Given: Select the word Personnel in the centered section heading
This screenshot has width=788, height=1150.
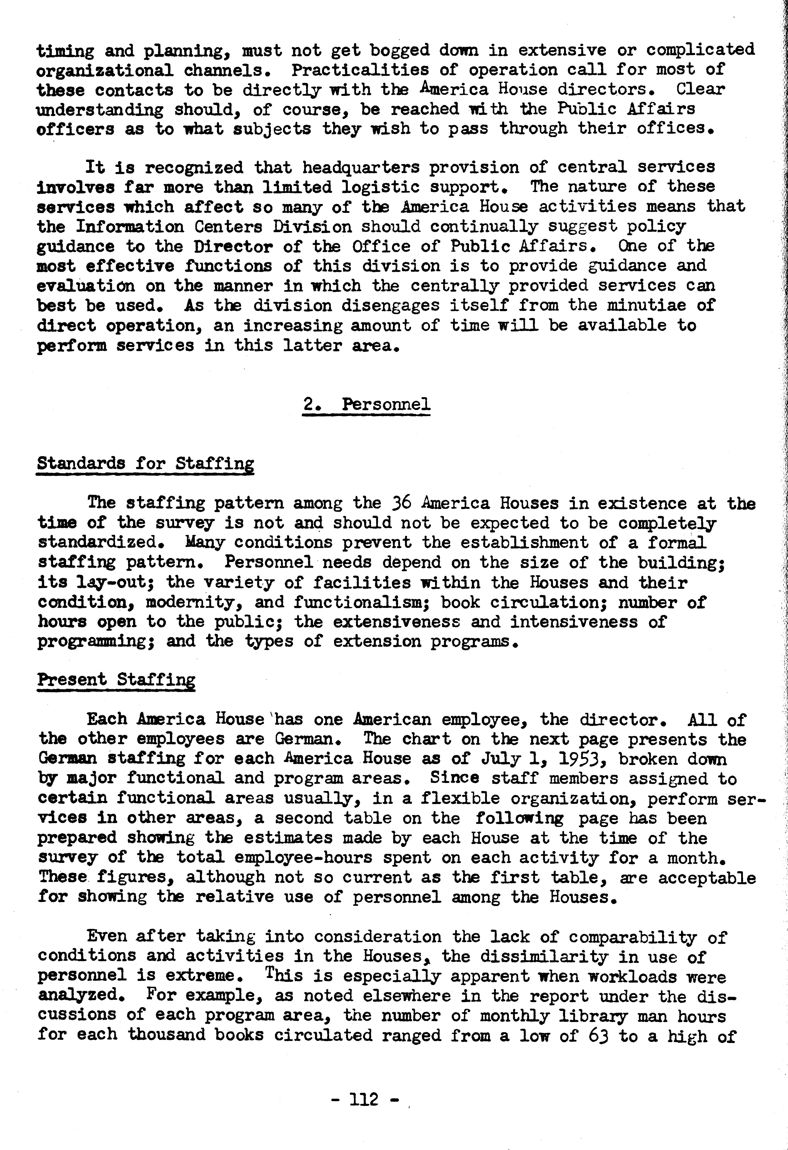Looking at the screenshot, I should (x=386, y=404).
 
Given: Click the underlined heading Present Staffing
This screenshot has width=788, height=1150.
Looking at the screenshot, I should (x=116, y=679).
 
